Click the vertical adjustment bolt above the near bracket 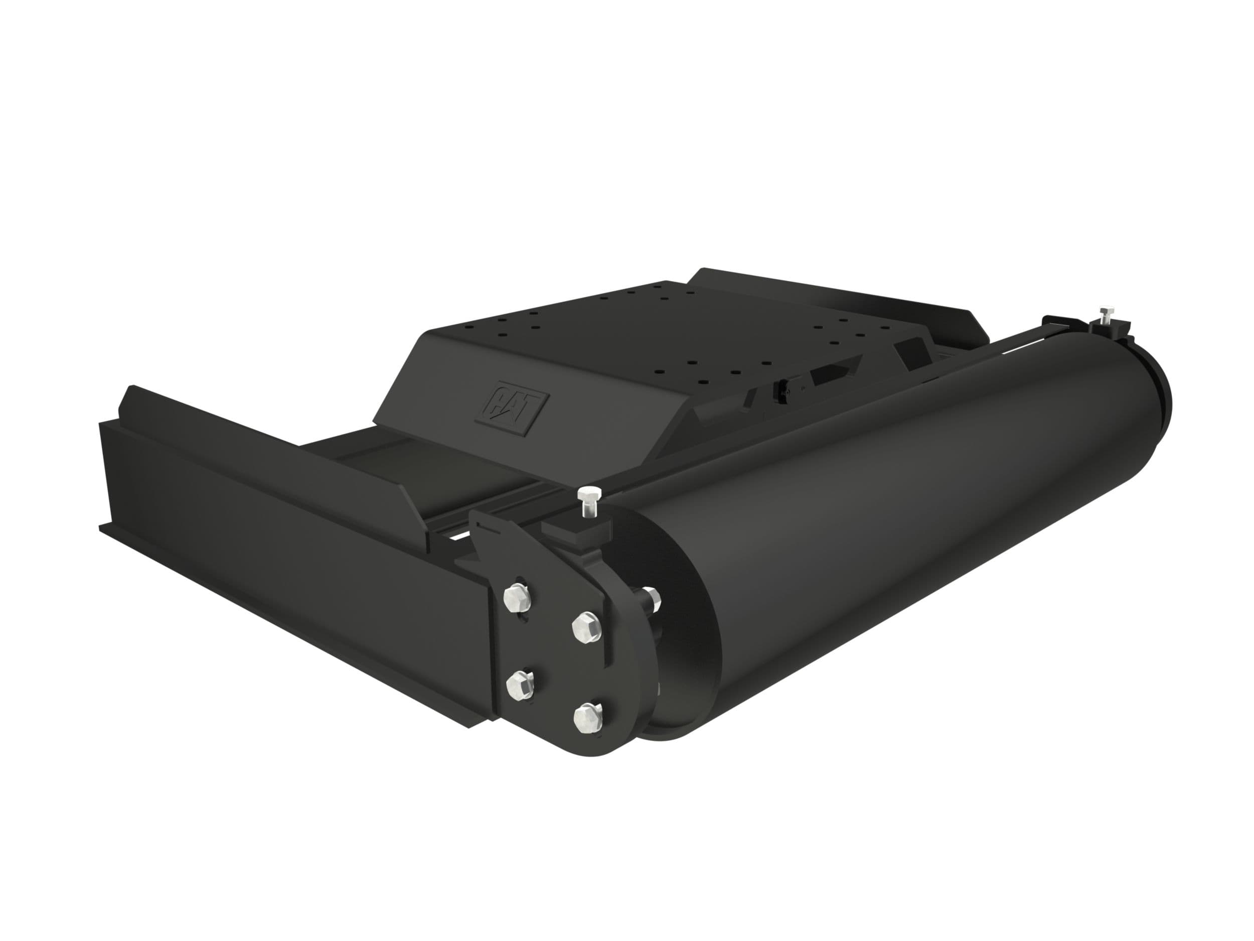click(x=587, y=502)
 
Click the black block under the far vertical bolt click(x=1110, y=330)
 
